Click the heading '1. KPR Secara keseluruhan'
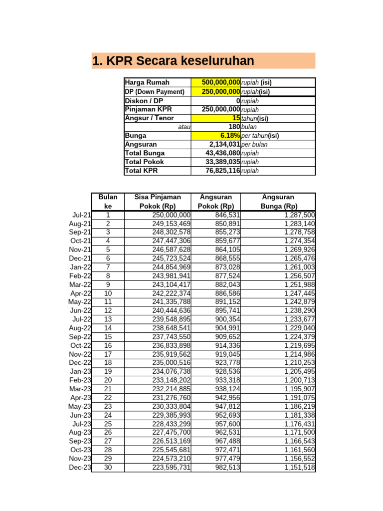174,61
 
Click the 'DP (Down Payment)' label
155,92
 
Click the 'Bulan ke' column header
108,202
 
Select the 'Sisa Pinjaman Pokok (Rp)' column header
158,202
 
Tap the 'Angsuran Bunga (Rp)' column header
278,202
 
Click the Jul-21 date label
81,215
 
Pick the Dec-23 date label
80,468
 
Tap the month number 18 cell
108,363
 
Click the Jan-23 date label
81,372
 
